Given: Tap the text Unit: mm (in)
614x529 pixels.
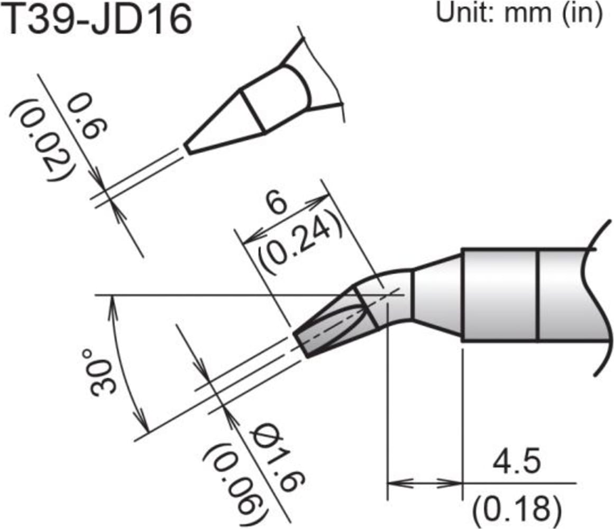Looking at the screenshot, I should (x=519, y=13).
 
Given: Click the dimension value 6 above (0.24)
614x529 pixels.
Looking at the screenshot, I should (x=280, y=204).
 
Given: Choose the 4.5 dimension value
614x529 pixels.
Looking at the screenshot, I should (x=516, y=463).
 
